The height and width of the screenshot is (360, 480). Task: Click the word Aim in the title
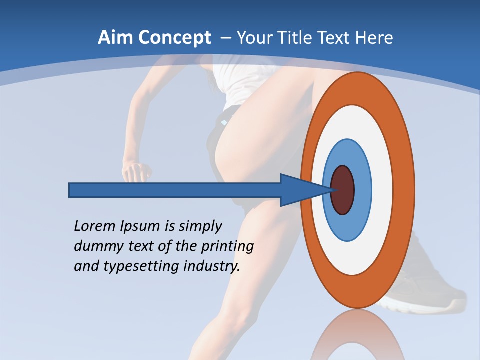[115, 38]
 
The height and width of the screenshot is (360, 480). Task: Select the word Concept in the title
[174, 38]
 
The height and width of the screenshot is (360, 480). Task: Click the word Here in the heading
[374, 38]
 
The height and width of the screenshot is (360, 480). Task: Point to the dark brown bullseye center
[343, 190]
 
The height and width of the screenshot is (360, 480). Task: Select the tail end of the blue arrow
[70, 190]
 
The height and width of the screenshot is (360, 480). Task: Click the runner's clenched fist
[137, 172]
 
